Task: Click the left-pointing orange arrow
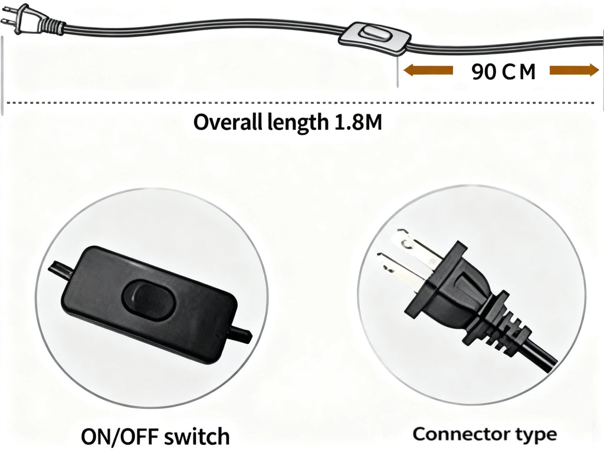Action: pyautogui.click(x=428, y=71)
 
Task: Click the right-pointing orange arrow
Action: pyautogui.click(x=574, y=71)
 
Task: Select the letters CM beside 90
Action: pyautogui.click(x=520, y=71)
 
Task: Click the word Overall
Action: pyautogui.click(x=228, y=123)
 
